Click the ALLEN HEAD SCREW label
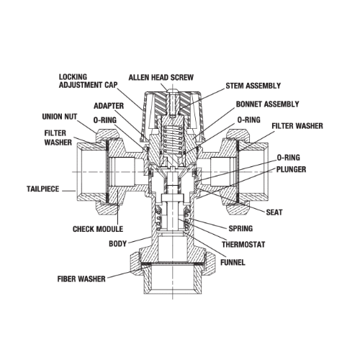click(161, 78)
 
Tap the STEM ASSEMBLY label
click(253, 86)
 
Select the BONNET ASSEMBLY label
click(268, 104)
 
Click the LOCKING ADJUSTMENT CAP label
click(89, 81)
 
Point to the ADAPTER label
click(109, 106)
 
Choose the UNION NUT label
click(60, 117)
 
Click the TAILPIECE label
click(42, 189)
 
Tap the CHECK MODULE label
click(98, 229)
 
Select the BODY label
click(117, 244)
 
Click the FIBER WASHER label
click(81, 279)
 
